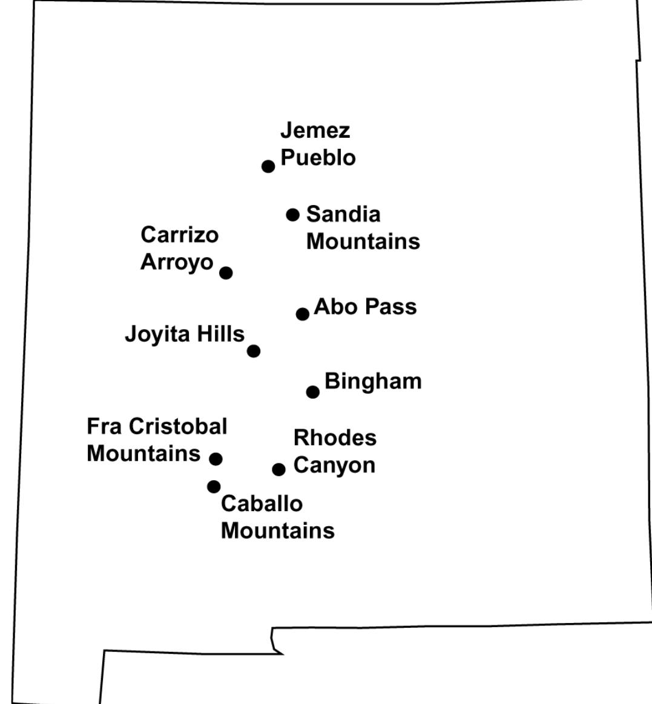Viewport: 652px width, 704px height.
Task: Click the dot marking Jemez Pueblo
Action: point(268,166)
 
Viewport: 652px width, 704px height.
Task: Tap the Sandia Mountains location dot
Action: point(293,215)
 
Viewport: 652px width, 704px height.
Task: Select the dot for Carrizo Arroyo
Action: point(226,273)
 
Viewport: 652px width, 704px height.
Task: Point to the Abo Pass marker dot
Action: point(303,314)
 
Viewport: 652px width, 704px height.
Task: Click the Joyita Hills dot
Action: point(254,351)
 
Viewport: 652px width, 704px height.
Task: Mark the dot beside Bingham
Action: point(312,392)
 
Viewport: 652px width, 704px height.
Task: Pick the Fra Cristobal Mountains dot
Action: point(216,458)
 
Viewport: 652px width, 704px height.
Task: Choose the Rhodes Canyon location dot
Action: point(278,469)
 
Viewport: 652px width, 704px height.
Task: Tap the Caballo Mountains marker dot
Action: point(214,486)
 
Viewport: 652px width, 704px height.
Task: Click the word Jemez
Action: point(315,131)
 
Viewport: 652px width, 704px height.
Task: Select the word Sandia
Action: point(343,214)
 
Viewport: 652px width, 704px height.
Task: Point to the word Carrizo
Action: point(179,235)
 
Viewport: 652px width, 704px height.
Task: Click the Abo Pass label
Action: point(365,307)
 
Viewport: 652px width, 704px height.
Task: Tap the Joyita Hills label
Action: point(185,334)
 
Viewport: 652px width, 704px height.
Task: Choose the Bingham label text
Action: point(373,382)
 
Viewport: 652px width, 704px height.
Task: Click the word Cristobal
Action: point(178,426)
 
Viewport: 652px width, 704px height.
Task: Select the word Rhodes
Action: point(335,438)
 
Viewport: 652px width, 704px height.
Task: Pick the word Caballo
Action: point(262,503)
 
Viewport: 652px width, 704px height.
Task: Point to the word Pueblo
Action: point(318,158)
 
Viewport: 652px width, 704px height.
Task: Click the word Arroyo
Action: point(177,262)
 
